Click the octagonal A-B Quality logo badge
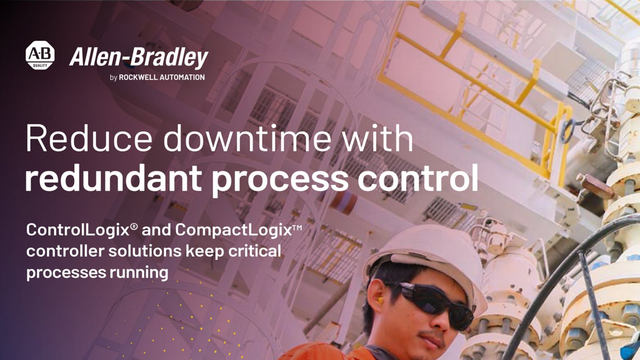40,55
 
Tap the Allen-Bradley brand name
138,57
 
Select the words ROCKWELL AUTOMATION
162,77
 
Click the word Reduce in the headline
89,139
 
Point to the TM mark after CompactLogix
297,227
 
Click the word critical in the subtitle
255,251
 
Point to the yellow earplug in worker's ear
380,300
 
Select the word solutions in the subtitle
145,251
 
